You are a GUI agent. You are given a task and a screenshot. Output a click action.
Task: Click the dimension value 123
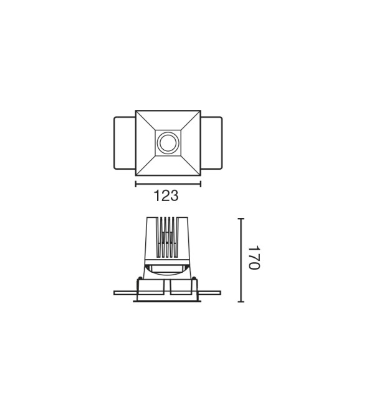166,196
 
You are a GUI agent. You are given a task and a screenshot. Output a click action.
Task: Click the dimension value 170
254,257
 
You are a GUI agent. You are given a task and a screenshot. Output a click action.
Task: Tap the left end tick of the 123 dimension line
136,184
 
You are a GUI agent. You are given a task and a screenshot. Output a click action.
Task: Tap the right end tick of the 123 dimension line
201,184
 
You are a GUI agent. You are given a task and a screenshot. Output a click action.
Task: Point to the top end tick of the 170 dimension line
241,218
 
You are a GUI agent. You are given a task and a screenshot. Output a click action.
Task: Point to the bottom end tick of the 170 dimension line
241,302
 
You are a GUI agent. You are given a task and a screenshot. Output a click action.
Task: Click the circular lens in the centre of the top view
168,143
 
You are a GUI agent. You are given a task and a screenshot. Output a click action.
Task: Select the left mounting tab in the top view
125,143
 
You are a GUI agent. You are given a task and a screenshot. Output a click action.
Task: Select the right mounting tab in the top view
211,143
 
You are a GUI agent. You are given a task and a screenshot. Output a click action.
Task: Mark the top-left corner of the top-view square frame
135,110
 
